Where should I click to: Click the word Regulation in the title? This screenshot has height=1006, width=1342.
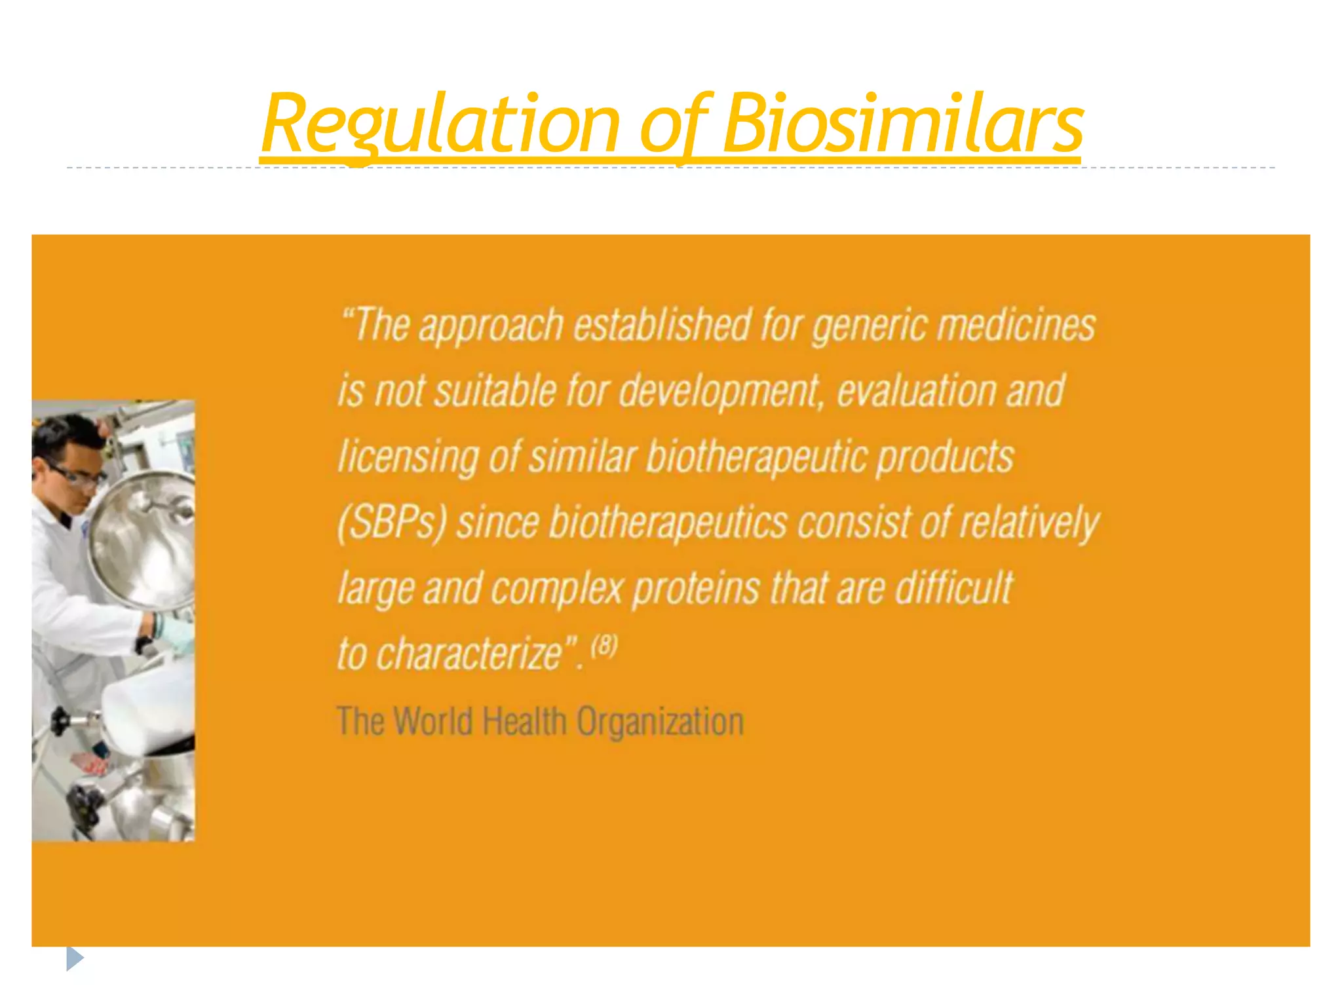point(440,124)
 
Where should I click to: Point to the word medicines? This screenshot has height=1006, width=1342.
point(1016,326)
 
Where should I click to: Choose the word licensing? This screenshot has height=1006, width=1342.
point(407,457)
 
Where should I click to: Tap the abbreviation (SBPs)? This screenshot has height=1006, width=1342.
point(392,523)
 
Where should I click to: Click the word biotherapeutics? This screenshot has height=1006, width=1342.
point(668,523)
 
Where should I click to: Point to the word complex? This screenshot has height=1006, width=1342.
point(557,589)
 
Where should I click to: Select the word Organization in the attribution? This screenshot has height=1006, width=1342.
point(660,722)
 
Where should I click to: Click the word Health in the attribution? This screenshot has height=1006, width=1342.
point(524,722)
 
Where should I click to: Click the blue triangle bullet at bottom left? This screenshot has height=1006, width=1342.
point(75,959)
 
